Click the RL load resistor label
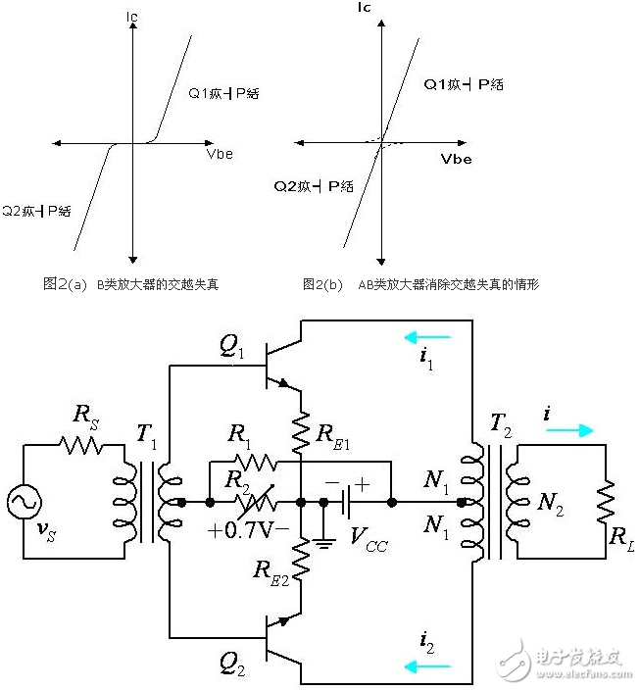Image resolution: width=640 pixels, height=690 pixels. (623, 535)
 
